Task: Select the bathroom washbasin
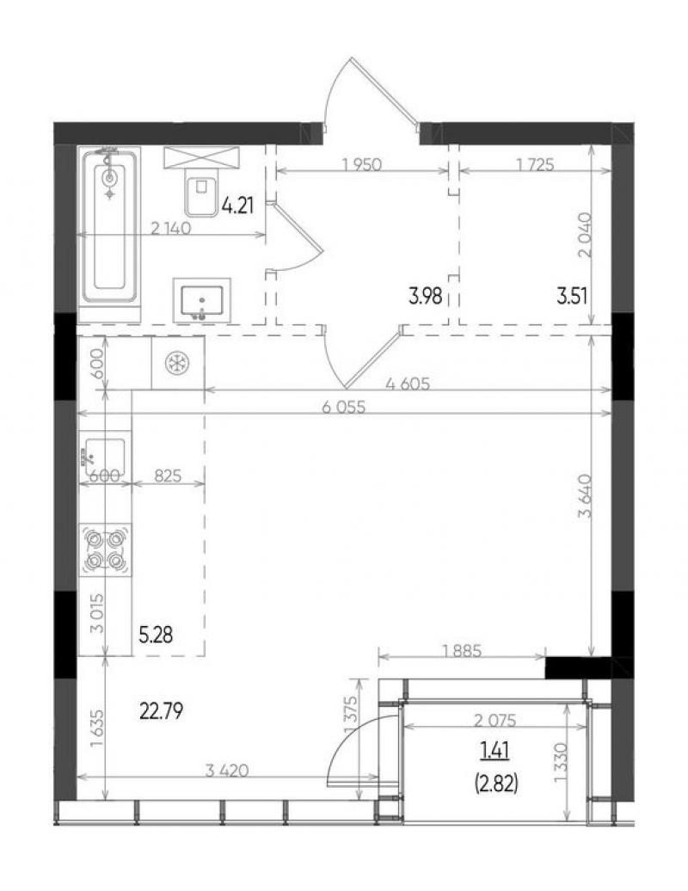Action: click(202, 301)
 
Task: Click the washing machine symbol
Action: click(177, 363)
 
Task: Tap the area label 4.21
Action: click(237, 206)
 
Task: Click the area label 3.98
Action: click(425, 296)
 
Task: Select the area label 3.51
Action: click(572, 296)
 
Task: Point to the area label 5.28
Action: click(155, 635)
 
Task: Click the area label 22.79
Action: click(161, 710)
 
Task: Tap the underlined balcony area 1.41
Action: click(494, 752)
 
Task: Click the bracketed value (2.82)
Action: click(495, 784)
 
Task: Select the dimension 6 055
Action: click(344, 407)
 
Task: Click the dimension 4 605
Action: click(408, 384)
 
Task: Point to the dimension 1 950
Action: click(362, 165)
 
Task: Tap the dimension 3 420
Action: click(227, 771)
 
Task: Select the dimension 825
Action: click(168, 476)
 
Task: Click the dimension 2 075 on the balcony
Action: click(495, 721)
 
